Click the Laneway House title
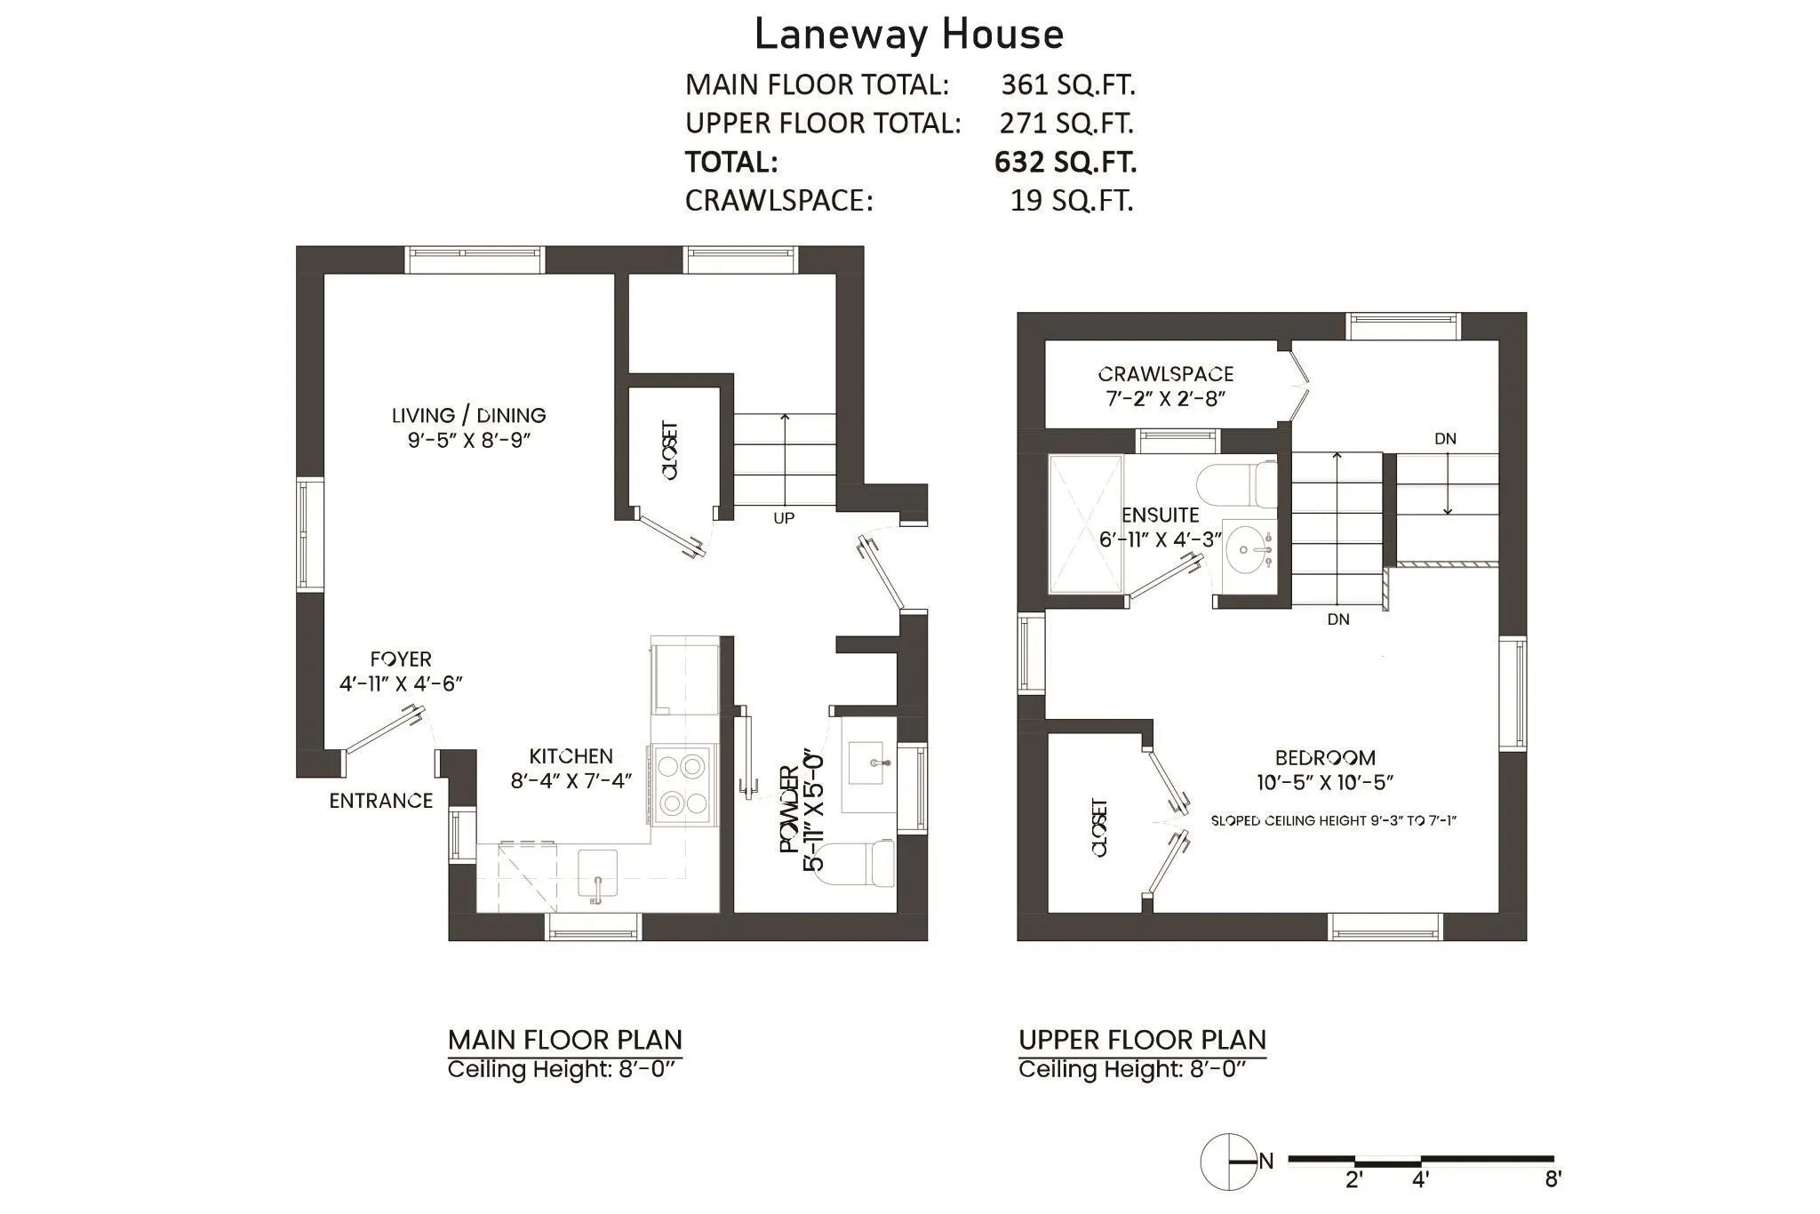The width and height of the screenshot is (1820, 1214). click(908, 36)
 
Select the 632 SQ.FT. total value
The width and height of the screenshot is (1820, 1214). click(1065, 162)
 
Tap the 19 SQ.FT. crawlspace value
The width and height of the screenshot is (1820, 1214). click(1071, 201)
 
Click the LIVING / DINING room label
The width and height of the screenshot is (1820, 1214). click(468, 415)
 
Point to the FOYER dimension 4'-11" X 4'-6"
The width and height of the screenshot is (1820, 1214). click(401, 683)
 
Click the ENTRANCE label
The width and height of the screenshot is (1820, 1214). click(380, 801)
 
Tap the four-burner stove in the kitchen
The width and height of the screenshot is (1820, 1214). click(683, 784)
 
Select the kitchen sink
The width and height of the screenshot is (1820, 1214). click(597, 874)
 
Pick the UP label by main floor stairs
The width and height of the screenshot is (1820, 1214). click(783, 518)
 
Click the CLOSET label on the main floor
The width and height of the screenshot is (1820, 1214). click(670, 451)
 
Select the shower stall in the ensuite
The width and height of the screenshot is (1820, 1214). click(1084, 523)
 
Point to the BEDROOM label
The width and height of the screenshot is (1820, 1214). click(1324, 758)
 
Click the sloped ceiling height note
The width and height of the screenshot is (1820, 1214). click(1333, 820)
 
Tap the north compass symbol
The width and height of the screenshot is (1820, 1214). click(1229, 1162)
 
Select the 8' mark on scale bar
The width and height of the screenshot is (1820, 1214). click(1553, 1179)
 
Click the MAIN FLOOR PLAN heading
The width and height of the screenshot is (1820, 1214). click(564, 1040)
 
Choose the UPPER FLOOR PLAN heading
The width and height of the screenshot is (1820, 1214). click(1142, 1040)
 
